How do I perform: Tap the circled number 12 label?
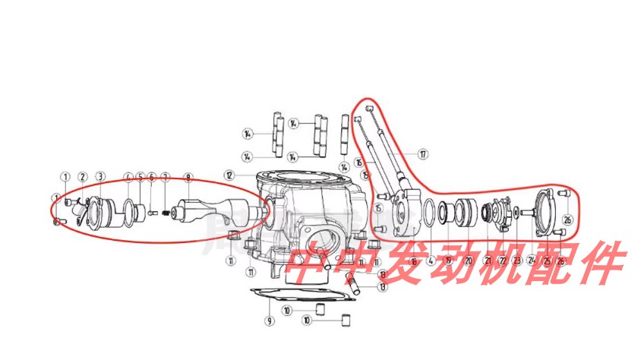[x=229, y=175]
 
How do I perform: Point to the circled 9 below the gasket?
[x=268, y=321]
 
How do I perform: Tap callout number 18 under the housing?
[x=414, y=261]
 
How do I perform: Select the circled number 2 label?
[x=83, y=177]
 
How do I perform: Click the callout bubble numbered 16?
[x=358, y=163]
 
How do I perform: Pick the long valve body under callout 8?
[x=220, y=209]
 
